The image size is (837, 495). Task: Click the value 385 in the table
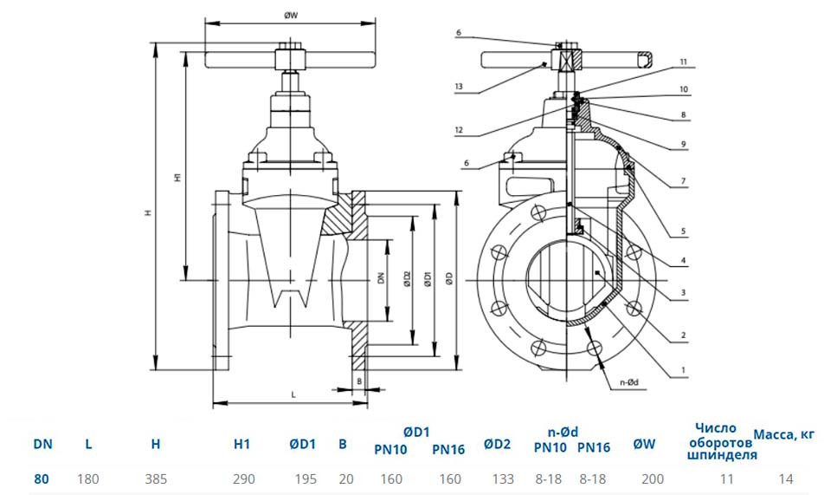coord(156,479)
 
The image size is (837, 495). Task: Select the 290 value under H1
coord(243,479)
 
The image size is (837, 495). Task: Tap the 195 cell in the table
coord(306,479)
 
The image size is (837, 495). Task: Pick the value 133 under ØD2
coord(503,479)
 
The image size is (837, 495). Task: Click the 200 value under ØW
coord(653,479)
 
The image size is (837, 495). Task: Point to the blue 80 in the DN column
coord(41,479)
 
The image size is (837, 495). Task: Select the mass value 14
coord(786,479)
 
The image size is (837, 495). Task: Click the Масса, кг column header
coord(784,435)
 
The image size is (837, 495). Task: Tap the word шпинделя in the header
coord(722,455)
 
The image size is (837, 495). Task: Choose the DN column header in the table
coord(42,444)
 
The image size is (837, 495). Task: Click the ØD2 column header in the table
coord(497,444)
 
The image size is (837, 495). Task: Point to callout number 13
coord(459,87)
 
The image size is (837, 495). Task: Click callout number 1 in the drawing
coord(683,370)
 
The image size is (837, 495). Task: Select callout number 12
coord(459,130)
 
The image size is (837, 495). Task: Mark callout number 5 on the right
coord(683,231)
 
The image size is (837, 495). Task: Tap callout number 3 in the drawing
coord(683,293)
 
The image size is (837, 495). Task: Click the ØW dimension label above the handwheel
coord(291,16)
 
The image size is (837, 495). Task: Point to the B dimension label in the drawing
coord(359,381)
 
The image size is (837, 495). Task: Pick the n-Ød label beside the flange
coord(629,382)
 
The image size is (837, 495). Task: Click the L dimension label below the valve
coord(293,394)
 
